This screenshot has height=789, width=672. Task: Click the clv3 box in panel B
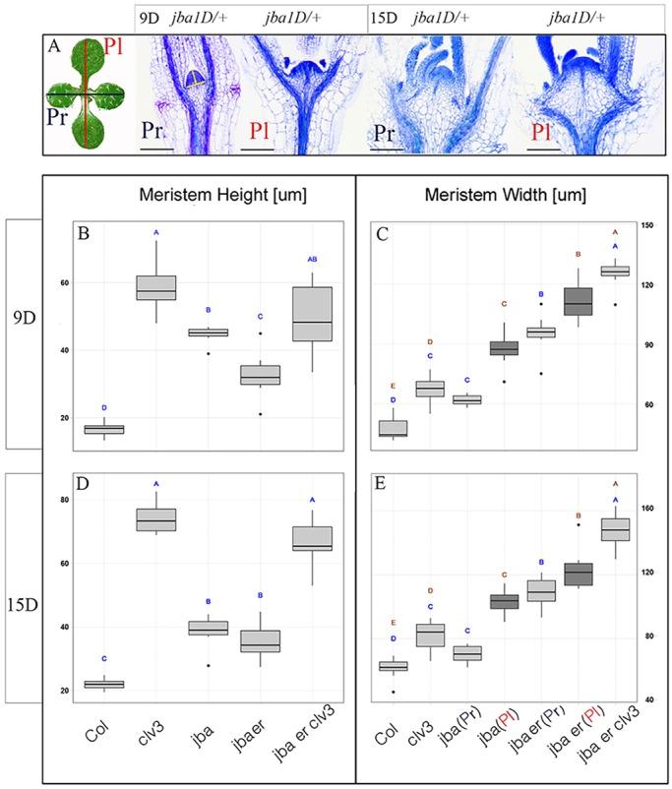[x=155, y=287]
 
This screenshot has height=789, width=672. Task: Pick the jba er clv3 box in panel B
[x=313, y=314]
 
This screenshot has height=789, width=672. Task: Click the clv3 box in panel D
[x=155, y=520]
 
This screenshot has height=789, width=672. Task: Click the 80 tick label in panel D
[x=65, y=500]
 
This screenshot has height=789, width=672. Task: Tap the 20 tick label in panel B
[x=65, y=419]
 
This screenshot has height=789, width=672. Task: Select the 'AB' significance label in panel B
[x=313, y=259]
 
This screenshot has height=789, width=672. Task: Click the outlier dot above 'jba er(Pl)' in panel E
[x=579, y=524]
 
